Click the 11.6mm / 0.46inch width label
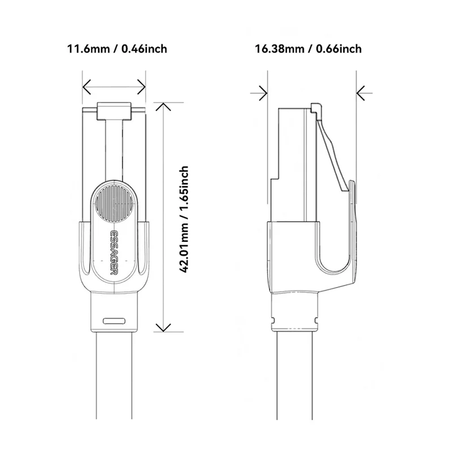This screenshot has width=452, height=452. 117,49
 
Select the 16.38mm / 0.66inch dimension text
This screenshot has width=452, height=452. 308,49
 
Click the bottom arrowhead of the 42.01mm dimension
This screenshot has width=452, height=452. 163,328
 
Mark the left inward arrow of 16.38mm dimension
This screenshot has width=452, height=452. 263,92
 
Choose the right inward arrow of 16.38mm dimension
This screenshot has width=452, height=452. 360,92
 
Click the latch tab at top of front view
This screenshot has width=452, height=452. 114,111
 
